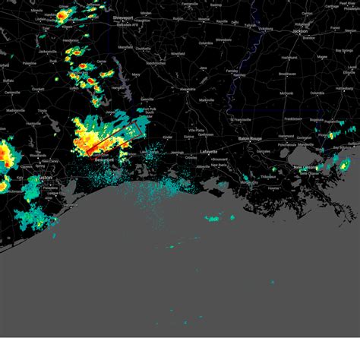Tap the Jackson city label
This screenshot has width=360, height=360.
[x=302, y=31]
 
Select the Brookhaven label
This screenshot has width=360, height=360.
[x=287, y=74]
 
